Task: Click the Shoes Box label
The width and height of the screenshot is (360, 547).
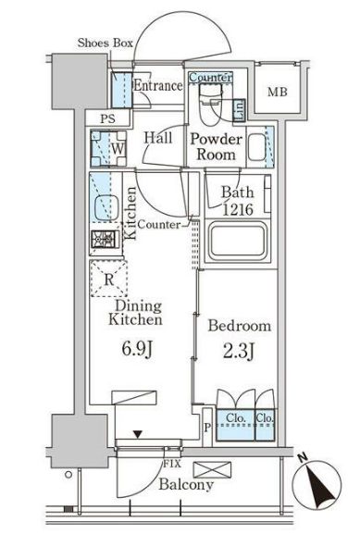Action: [x=106, y=43]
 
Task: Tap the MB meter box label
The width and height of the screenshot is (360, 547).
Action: [x=278, y=93]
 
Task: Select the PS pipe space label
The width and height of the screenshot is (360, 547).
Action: [x=107, y=119]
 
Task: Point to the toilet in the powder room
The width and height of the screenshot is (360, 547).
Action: [x=210, y=104]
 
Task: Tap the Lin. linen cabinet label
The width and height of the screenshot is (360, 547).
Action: [x=240, y=109]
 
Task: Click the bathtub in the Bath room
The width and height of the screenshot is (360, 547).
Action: [x=237, y=242]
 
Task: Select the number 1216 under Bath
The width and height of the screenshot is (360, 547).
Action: [x=238, y=209]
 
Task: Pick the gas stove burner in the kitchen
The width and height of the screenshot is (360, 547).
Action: [x=104, y=240]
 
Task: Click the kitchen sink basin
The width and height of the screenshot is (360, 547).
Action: [x=106, y=207]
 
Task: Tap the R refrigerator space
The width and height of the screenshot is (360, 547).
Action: [x=109, y=279]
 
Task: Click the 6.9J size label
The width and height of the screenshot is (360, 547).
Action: [x=137, y=349]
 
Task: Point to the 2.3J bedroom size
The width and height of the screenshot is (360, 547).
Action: [x=239, y=352]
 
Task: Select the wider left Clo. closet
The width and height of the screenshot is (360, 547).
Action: [x=235, y=425]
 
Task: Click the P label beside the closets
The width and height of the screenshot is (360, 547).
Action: [x=207, y=428]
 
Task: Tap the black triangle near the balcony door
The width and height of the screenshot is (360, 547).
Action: [x=139, y=434]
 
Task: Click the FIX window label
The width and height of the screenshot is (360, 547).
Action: [x=172, y=464]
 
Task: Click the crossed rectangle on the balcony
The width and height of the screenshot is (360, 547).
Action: [x=212, y=469]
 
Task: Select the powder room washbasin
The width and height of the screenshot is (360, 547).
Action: [x=257, y=147]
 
